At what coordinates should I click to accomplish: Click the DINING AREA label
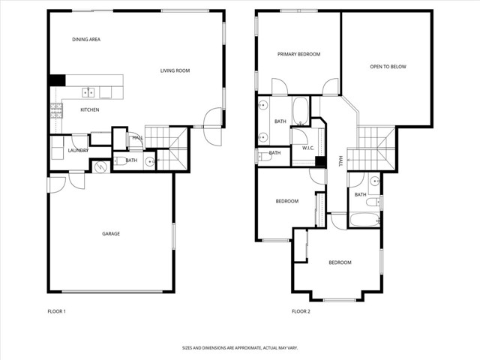tap(86, 40)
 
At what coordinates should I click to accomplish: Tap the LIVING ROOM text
tap(175, 71)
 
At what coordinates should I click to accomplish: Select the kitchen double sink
tap(88, 92)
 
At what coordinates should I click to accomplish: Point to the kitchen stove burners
tap(55, 110)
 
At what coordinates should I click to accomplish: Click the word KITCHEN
tap(90, 110)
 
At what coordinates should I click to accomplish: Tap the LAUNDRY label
tap(78, 151)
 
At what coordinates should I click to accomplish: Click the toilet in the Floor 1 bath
tap(121, 161)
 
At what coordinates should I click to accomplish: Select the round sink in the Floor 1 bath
tap(151, 161)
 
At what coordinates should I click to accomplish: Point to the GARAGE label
tap(111, 234)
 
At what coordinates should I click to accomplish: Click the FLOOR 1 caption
tap(56, 311)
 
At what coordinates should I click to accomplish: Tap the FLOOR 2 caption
tap(301, 311)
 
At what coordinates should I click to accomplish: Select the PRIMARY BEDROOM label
tap(298, 55)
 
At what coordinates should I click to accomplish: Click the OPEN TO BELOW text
tap(388, 67)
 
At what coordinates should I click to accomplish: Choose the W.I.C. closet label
tap(307, 148)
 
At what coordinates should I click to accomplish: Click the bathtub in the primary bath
tap(299, 111)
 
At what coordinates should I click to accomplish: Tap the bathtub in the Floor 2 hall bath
tap(365, 220)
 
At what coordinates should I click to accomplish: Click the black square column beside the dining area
tap(57, 80)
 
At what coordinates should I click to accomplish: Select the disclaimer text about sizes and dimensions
tap(239, 348)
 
